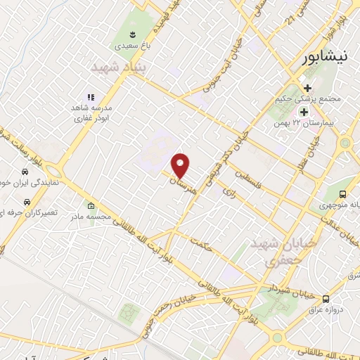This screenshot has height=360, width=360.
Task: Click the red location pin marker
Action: pos(181,165)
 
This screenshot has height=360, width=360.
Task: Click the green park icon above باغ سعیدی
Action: pos(131,34)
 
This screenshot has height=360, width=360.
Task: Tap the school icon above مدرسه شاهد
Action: pos(90,97)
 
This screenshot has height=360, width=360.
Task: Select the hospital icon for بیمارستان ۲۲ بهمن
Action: pos(304,112)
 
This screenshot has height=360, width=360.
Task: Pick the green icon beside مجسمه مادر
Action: pos(91,206)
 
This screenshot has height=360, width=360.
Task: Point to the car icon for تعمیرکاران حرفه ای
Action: pos(26,202)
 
